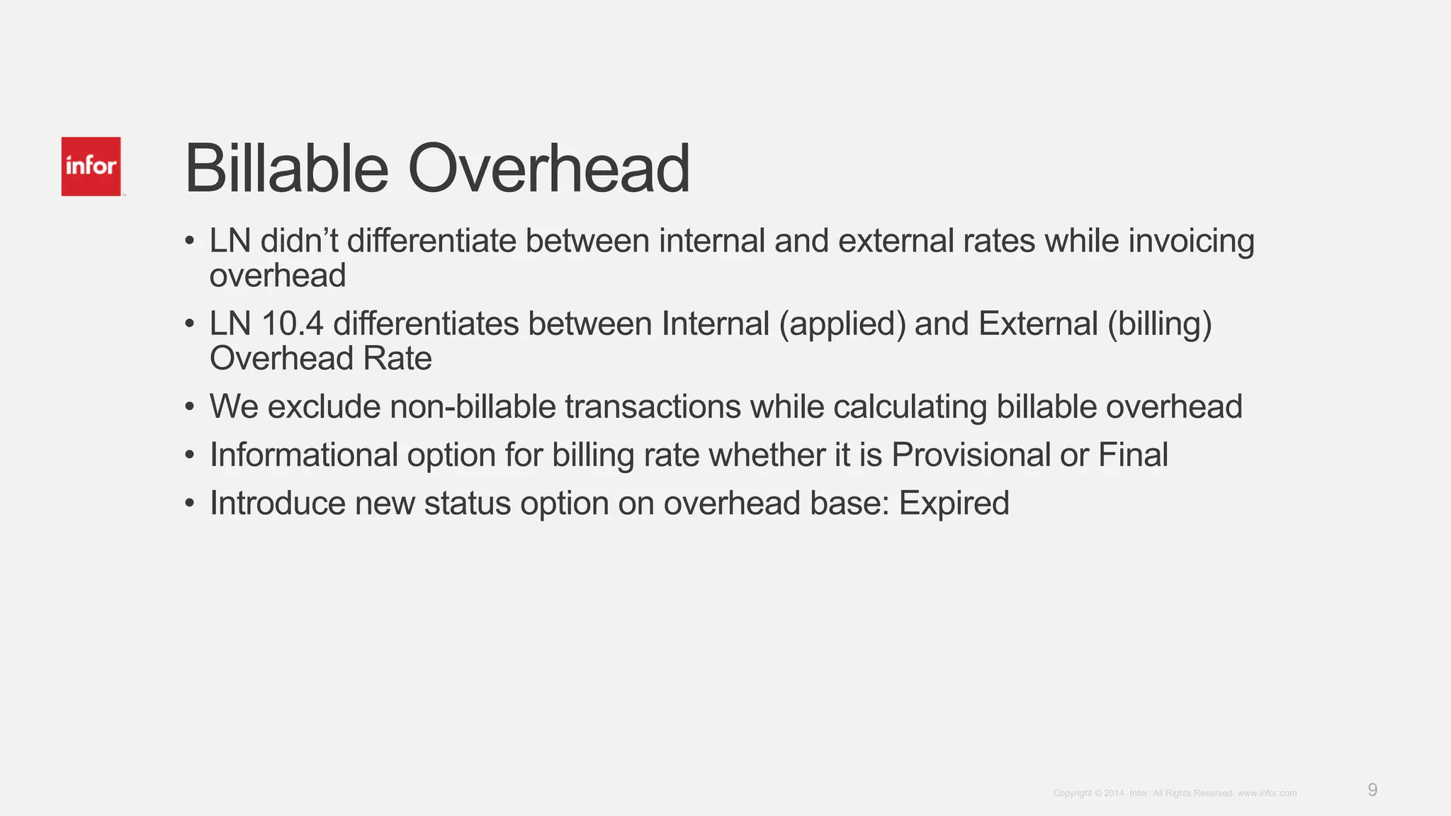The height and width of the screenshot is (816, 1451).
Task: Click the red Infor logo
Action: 91,166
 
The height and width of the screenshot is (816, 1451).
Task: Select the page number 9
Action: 1372,790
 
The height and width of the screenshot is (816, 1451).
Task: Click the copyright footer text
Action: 1175,793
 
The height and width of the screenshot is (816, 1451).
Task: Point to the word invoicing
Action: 1191,241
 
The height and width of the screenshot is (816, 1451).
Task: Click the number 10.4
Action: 293,324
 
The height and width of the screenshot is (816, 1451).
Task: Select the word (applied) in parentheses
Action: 842,324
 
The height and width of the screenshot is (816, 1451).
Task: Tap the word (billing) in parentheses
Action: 1160,324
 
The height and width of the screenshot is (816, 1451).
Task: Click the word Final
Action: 1133,455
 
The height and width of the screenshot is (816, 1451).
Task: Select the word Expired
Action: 954,504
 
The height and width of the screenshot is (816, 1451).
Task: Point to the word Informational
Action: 303,455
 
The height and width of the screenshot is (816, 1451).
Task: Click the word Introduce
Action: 278,504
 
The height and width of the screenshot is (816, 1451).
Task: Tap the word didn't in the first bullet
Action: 299,241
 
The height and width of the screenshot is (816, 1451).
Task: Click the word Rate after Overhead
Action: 397,358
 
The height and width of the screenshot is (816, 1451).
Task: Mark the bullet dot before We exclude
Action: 189,407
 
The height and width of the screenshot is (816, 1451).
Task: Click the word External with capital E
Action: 1039,324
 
